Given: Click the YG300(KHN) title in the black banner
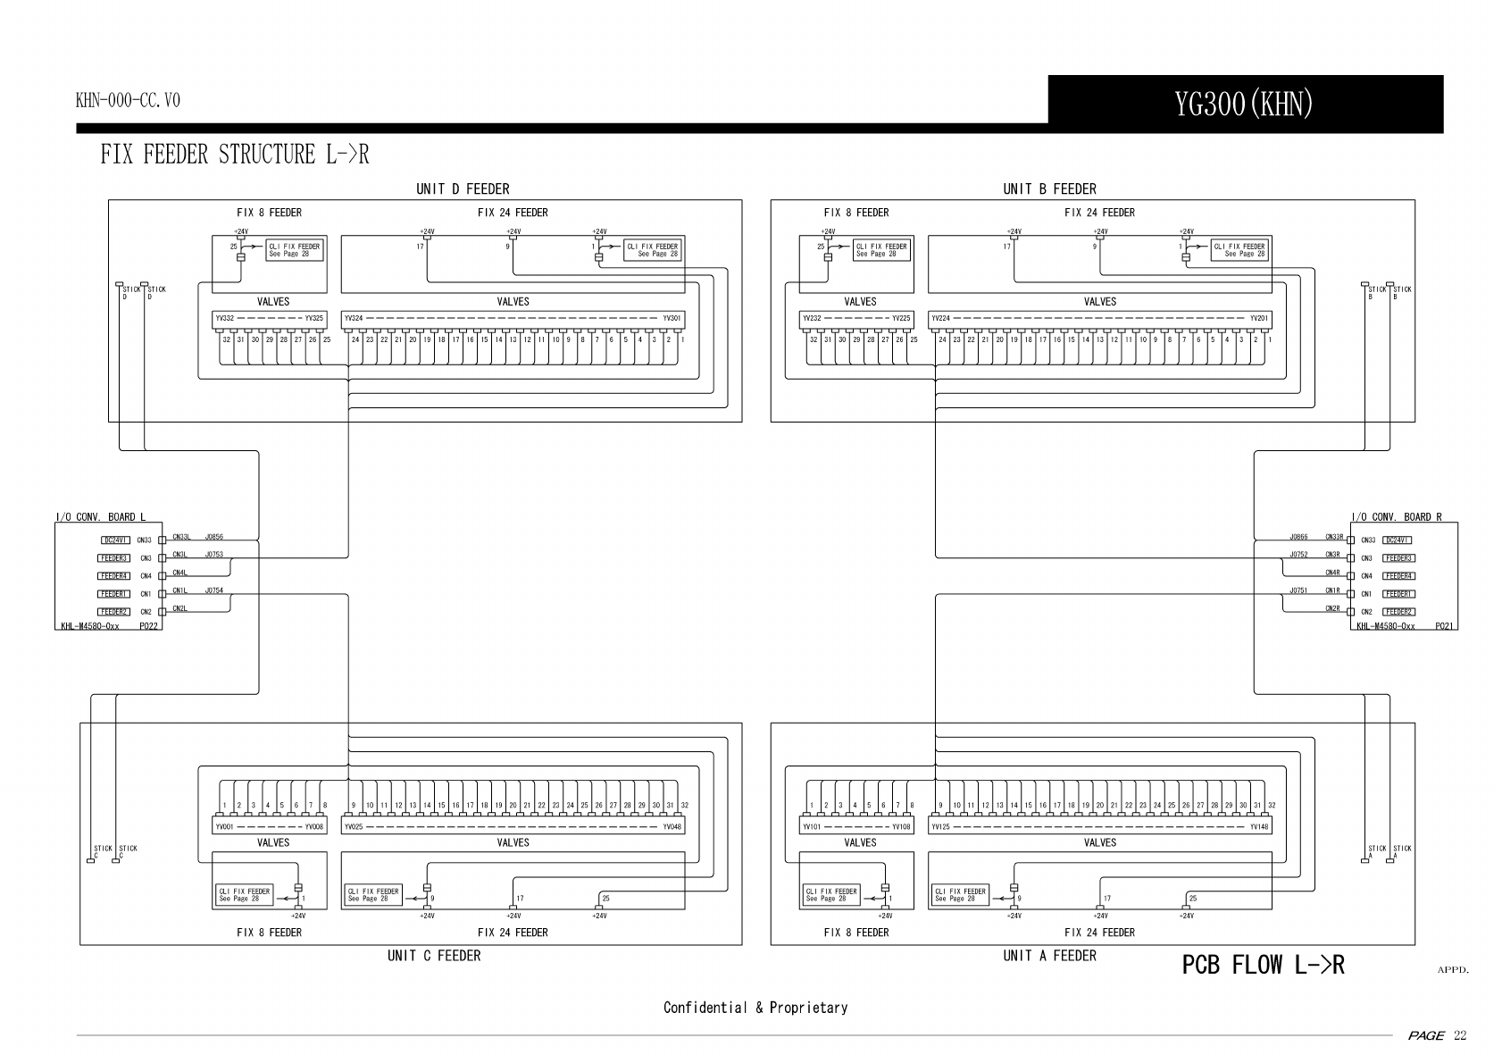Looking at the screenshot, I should (1244, 105).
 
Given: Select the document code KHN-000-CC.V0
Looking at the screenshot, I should (128, 100).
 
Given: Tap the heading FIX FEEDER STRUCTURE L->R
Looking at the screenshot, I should (234, 155).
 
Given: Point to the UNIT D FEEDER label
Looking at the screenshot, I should (463, 188).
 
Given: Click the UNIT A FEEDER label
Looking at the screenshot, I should (1049, 956).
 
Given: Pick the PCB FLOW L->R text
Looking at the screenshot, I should (1263, 965).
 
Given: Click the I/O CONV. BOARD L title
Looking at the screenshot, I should (100, 517).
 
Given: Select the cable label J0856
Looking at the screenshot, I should (214, 537).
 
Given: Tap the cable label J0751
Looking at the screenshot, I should (1298, 590).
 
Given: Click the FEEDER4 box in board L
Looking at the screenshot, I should (114, 576).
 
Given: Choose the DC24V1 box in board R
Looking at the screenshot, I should (1397, 540).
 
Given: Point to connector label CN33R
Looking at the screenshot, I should (1334, 537).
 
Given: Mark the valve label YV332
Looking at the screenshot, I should (224, 318).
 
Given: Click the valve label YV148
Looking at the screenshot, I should (1259, 827).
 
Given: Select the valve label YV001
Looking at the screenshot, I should (224, 827).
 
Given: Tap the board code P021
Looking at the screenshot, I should (1444, 626).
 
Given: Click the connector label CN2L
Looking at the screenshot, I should (179, 608).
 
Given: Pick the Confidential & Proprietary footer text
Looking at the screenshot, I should (755, 1008).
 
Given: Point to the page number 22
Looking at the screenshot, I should (1460, 1035).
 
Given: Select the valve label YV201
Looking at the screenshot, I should (1259, 318).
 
